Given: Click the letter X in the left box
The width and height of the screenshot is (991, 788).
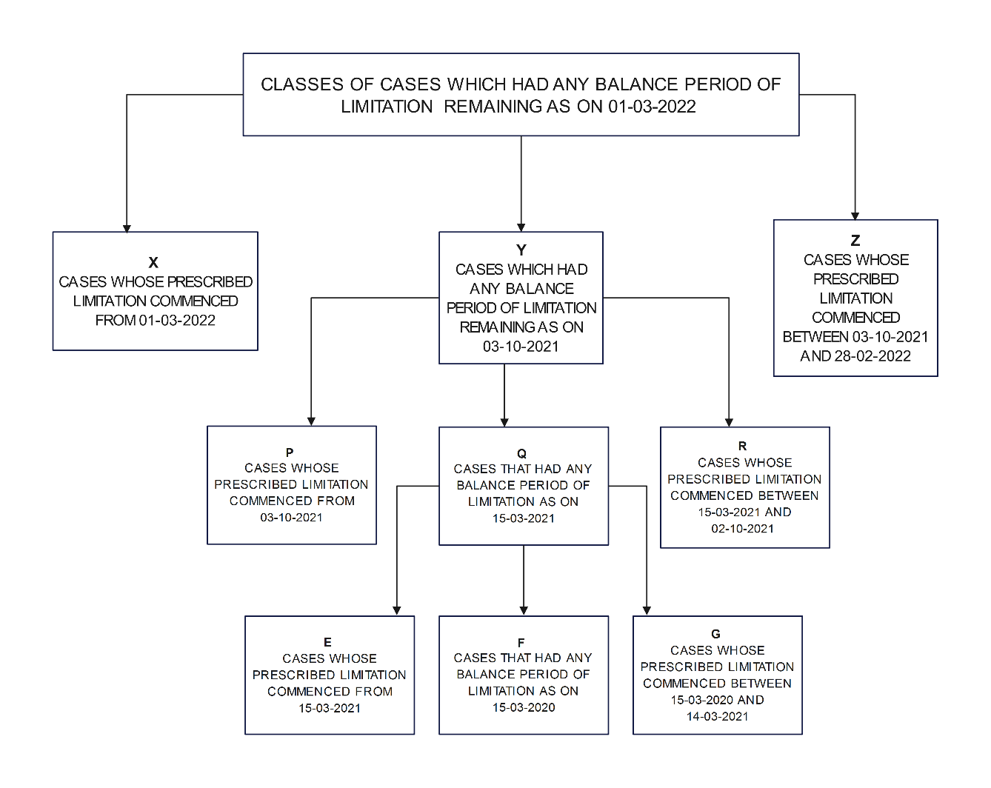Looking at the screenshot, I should pyautogui.click(x=153, y=263).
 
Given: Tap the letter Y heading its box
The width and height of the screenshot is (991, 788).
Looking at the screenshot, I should pyautogui.click(x=521, y=250).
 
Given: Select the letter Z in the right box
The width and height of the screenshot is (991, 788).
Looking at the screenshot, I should pyautogui.click(x=855, y=241).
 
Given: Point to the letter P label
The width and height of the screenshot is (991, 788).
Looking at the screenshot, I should pyautogui.click(x=290, y=453).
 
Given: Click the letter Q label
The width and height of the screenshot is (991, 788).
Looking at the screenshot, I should pyautogui.click(x=522, y=453).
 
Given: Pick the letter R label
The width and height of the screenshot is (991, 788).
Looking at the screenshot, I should pyautogui.click(x=743, y=446).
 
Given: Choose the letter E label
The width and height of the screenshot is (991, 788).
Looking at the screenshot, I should pyautogui.click(x=327, y=642).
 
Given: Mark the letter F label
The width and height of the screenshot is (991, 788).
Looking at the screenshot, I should pyautogui.click(x=521, y=643).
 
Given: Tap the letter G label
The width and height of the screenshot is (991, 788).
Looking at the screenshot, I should pyautogui.click(x=715, y=634).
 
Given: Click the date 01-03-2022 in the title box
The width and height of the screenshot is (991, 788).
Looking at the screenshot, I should pyautogui.click(x=652, y=107).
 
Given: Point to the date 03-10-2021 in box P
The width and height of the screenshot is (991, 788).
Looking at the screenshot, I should pyautogui.click(x=291, y=518).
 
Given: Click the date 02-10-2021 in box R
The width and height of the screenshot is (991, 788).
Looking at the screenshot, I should pyautogui.click(x=743, y=529).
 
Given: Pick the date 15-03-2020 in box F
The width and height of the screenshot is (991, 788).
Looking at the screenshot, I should pyautogui.click(x=524, y=708).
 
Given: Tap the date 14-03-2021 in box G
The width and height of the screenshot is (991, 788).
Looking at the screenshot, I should pyautogui.click(x=717, y=717).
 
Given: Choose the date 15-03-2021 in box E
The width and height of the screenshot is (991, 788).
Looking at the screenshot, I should pyautogui.click(x=330, y=709).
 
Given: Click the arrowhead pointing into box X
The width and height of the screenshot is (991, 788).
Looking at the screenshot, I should pyautogui.click(x=127, y=227).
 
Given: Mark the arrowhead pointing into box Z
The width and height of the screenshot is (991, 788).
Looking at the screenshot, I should pyautogui.click(x=855, y=216).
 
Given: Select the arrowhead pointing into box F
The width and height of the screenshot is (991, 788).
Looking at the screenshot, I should pyautogui.click(x=524, y=610).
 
